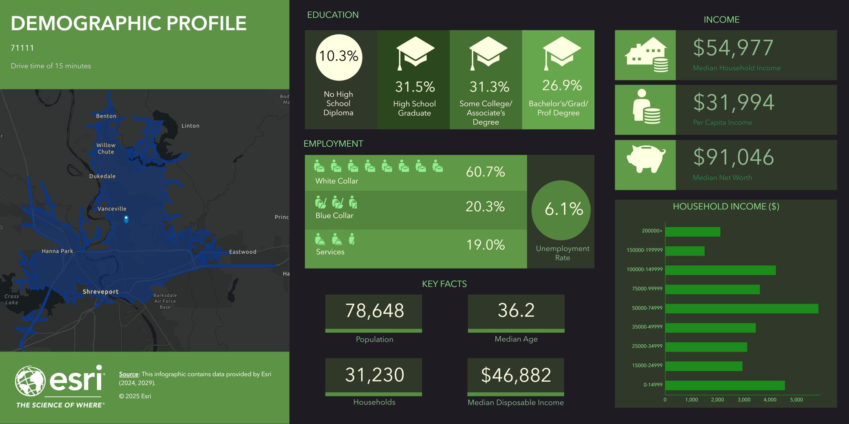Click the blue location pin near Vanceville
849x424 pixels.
[x=126, y=219]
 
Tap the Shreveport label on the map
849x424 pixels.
[x=101, y=292]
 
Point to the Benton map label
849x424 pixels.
[x=106, y=116]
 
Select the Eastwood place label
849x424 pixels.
[x=243, y=252]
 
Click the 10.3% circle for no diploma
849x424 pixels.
[x=339, y=57]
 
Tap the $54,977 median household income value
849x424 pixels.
[x=733, y=48]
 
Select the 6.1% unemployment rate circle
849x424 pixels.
[x=561, y=210]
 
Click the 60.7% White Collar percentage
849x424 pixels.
[x=485, y=172]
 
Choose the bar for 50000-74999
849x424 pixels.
[x=742, y=309]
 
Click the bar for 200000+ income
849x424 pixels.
[x=693, y=232]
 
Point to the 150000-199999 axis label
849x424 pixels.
[x=644, y=250]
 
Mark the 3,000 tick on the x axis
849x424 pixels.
[x=744, y=400]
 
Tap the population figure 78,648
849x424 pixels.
[x=374, y=311]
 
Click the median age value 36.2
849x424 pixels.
[x=516, y=310]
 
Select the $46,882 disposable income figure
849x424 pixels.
[x=516, y=375]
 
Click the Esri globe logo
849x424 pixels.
[x=30, y=381]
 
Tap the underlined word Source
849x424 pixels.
[x=129, y=374]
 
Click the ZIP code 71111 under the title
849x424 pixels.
[x=22, y=48]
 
